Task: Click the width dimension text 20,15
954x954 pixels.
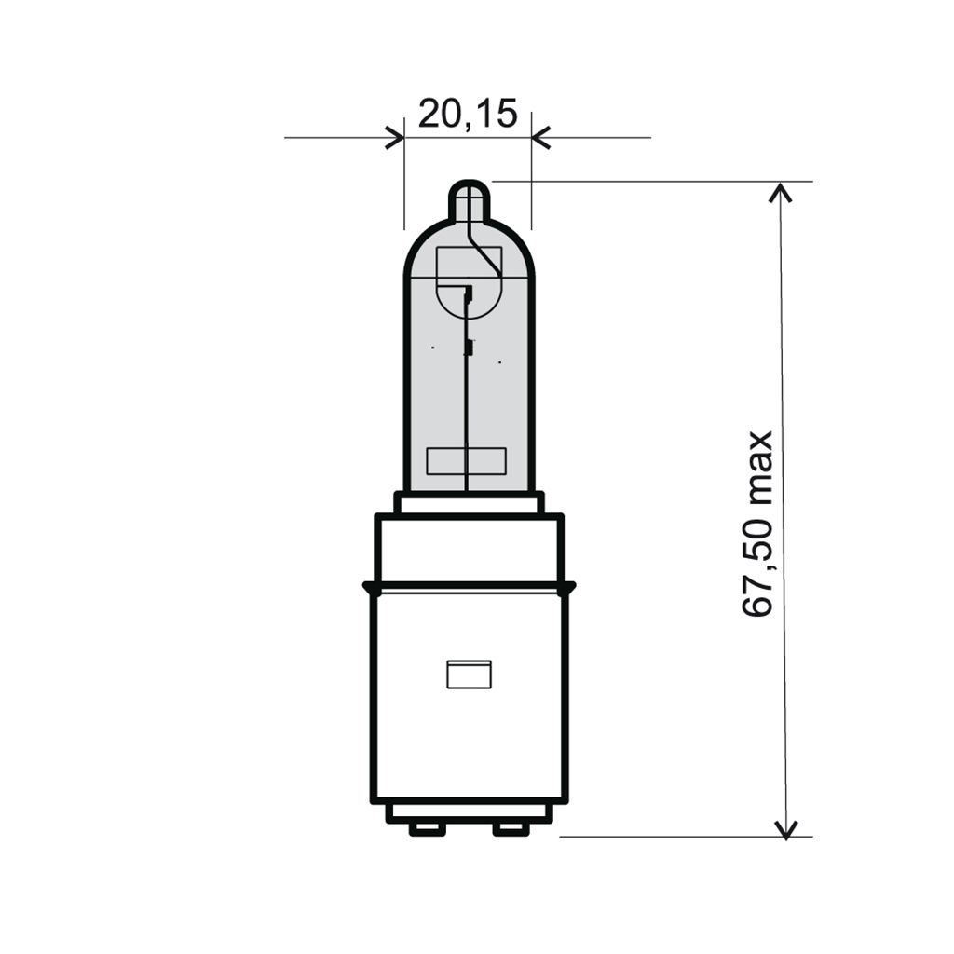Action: coord(467,113)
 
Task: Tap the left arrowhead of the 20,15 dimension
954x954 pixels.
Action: coord(396,138)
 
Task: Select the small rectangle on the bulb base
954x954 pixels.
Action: coord(469,674)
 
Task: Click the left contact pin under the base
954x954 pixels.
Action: coord(428,828)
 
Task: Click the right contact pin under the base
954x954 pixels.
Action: coord(511,828)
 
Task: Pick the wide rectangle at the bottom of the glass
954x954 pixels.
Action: coord(466,460)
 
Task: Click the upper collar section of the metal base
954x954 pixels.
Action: coord(470,549)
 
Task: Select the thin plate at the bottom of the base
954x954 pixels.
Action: coord(470,813)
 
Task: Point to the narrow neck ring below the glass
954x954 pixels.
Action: coord(469,503)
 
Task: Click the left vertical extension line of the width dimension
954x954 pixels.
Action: coord(404,186)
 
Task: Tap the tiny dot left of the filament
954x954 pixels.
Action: coord(432,348)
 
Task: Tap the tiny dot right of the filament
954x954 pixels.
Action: coord(500,361)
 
